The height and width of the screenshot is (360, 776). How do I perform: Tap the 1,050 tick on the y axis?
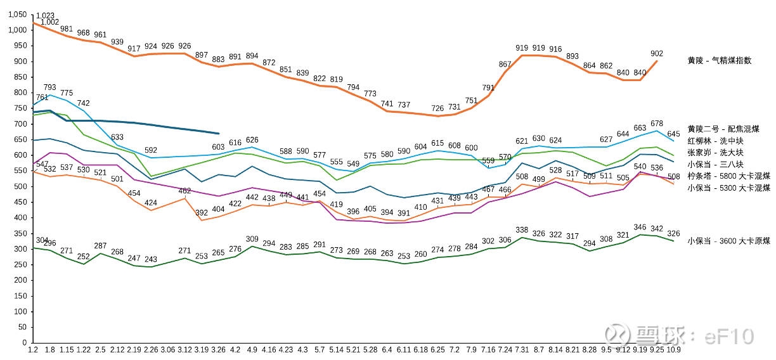click(x=18, y=15)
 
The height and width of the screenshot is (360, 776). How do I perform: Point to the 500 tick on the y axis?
click(x=22, y=186)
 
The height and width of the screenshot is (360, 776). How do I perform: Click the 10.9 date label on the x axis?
click(x=673, y=348)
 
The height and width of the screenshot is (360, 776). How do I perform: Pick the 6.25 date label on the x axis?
click(x=437, y=348)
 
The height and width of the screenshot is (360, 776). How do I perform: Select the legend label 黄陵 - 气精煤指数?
click(x=720, y=61)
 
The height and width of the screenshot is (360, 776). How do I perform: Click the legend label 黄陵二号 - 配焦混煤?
click(x=724, y=129)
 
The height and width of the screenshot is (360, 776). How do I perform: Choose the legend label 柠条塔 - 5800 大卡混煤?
click(x=728, y=176)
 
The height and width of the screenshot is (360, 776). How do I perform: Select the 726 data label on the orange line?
click(x=437, y=109)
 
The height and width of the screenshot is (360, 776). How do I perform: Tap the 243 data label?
click(x=151, y=259)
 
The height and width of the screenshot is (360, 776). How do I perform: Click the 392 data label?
click(x=202, y=213)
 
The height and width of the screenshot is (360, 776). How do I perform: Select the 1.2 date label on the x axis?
click(x=34, y=348)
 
